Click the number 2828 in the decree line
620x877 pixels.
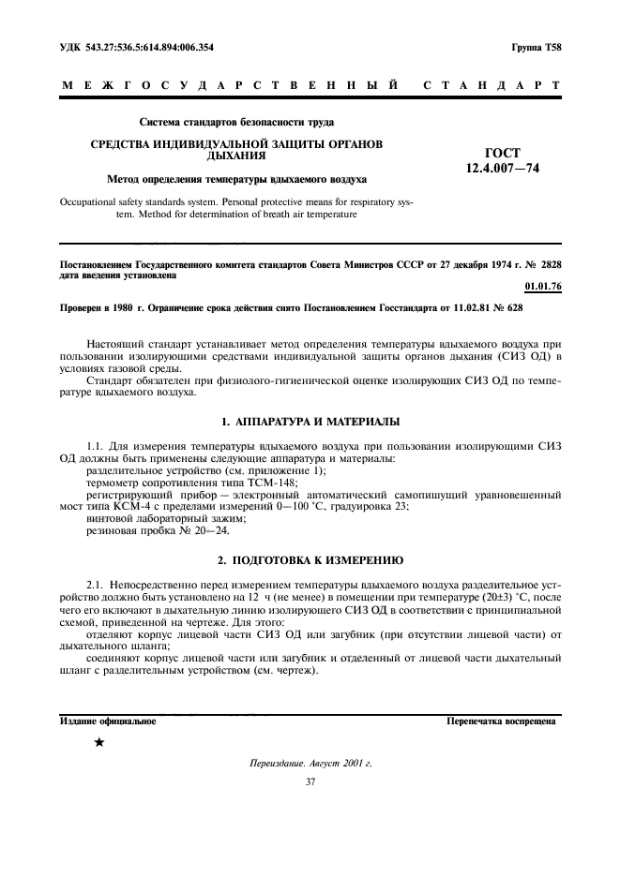point(546,266)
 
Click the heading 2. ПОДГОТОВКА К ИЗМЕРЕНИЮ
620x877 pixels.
point(310,560)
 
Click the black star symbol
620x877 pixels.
point(98,743)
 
